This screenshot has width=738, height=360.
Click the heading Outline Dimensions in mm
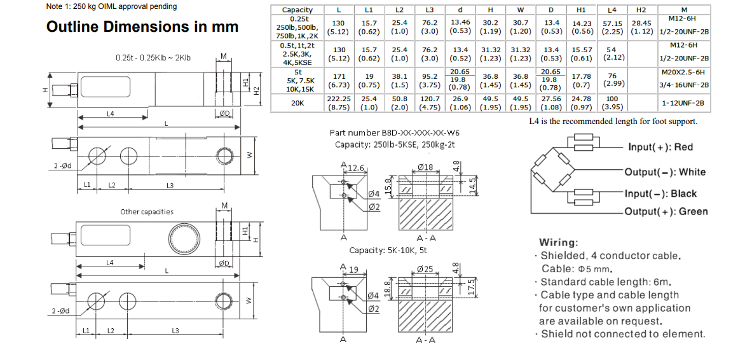pyautogui.click(x=142, y=27)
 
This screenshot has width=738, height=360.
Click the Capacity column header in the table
pyautogui.click(x=297, y=10)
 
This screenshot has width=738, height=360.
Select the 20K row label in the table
pyautogui.click(x=297, y=103)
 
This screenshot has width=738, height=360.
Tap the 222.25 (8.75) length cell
pyautogui.click(x=339, y=103)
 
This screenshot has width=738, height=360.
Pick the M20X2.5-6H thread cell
pyautogui.click(x=683, y=73)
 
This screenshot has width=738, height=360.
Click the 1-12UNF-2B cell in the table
pyautogui.click(x=683, y=103)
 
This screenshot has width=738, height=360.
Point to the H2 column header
pyautogui.click(x=641, y=10)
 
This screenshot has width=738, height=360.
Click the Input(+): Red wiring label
pyautogui.click(x=660, y=147)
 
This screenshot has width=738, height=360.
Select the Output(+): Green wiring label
pyautogui.click(x=665, y=212)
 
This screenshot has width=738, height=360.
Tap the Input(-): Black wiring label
pyautogui.click(x=660, y=193)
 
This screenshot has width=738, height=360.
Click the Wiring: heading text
pyautogui.click(x=558, y=242)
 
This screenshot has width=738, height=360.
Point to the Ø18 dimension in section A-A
pyautogui.click(x=425, y=167)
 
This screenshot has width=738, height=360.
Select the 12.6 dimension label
pyautogui.click(x=354, y=168)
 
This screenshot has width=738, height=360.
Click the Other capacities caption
pyautogui.click(x=146, y=212)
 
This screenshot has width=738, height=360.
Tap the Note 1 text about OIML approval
pyautogui.click(x=112, y=6)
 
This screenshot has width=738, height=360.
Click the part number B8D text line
pyautogui.click(x=394, y=133)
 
